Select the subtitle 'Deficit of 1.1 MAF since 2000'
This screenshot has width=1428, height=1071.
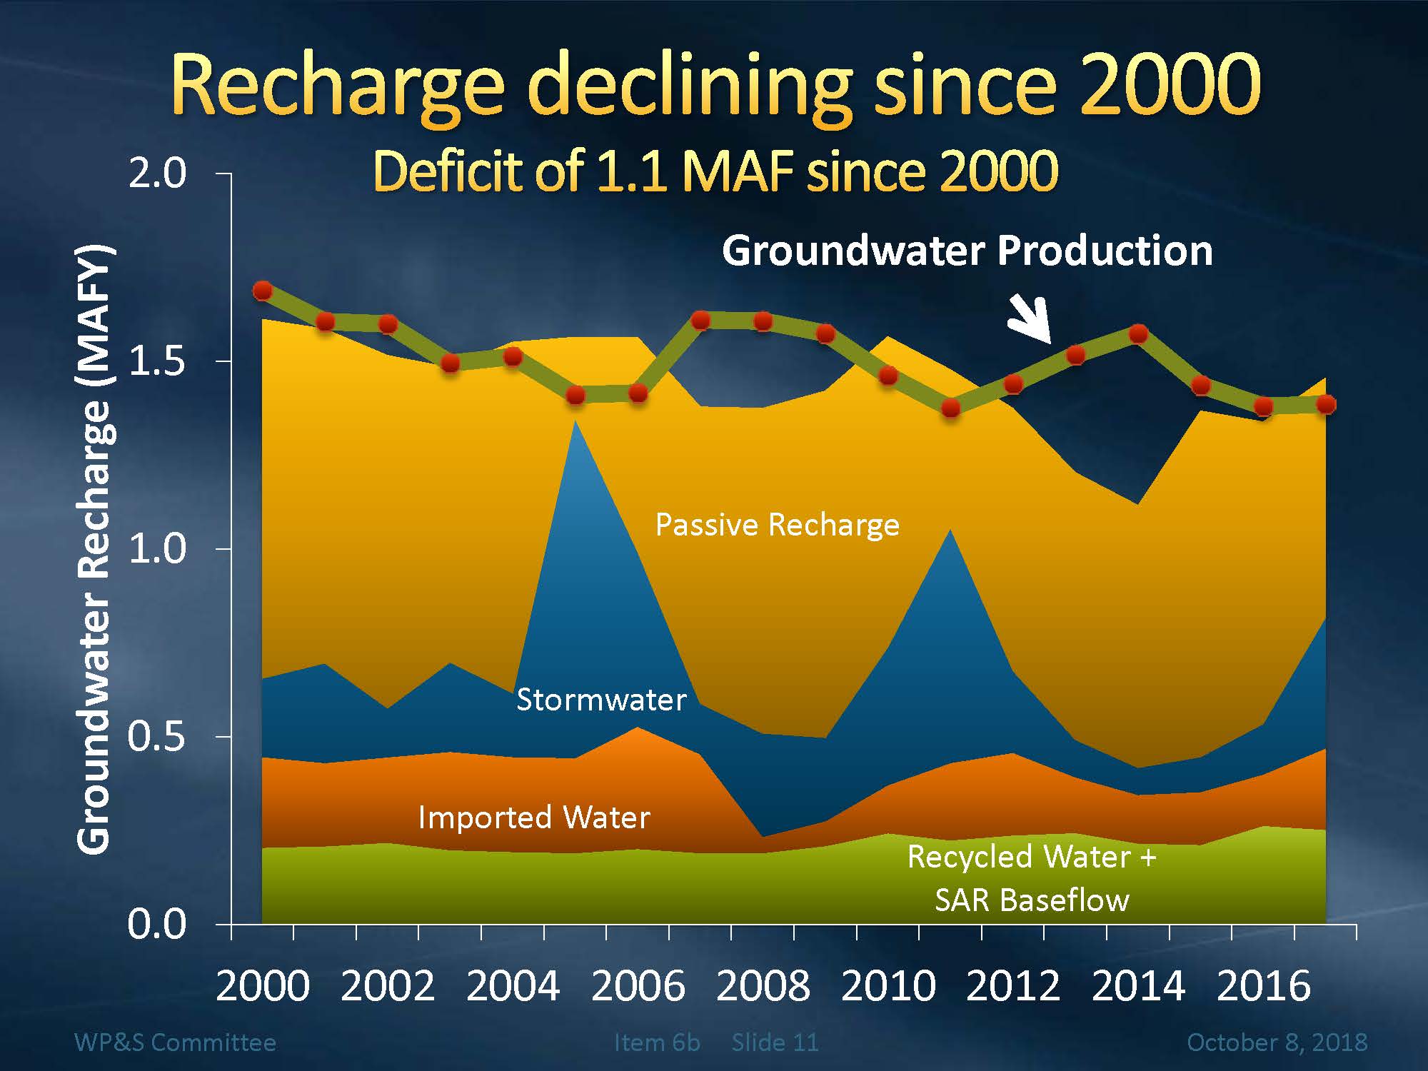(x=715, y=171)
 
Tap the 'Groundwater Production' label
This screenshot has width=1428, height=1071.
(x=967, y=251)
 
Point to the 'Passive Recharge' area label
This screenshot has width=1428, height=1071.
(x=777, y=525)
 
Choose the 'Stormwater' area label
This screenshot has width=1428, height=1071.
(x=601, y=700)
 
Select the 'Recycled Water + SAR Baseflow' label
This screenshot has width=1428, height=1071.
(x=1032, y=878)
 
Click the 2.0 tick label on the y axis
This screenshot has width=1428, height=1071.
(x=156, y=174)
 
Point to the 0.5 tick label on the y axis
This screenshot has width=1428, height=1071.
(x=156, y=737)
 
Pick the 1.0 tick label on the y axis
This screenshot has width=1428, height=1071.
(x=156, y=549)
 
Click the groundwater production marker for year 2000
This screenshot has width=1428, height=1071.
(x=263, y=291)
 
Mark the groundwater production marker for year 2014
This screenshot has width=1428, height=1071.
(x=1138, y=334)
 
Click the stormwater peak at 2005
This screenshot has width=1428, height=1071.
(x=575, y=423)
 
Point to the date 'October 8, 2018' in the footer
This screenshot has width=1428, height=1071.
(x=1277, y=1042)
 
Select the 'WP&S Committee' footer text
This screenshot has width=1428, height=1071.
(x=175, y=1042)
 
